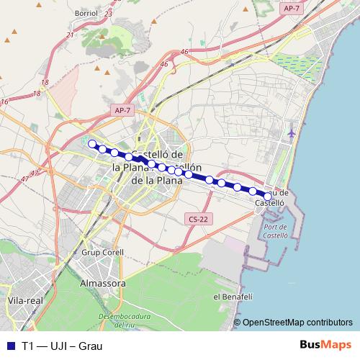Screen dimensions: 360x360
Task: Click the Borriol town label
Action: tap(86, 14)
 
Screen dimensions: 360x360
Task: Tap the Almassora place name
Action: tap(103, 284)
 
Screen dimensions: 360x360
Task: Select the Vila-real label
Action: tap(22, 300)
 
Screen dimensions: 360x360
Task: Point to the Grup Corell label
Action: tap(102, 253)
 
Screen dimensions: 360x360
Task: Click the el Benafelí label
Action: tap(231, 297)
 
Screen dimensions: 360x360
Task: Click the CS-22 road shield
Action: tap(194, 218)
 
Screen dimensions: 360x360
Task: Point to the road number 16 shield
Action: tap(5, 102)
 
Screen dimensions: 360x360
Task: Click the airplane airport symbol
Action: tap(291, 134)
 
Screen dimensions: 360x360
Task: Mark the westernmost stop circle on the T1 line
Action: tap(91, 144)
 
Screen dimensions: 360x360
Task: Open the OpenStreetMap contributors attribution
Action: tap(297, 323)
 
